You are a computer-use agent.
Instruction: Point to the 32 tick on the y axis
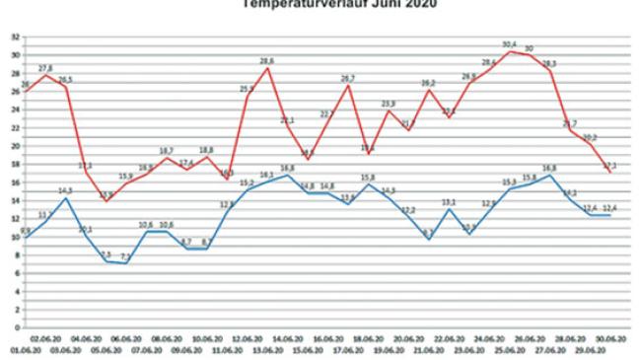(x=14, y=36)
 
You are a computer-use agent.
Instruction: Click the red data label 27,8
(x=45, y=68)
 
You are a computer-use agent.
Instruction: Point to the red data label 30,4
(x=509, y=44)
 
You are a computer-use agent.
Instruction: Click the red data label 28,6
(x=266, y=61)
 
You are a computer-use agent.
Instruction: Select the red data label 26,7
(x=348, y=78)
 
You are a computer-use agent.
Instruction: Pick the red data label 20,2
(x=590, y=137)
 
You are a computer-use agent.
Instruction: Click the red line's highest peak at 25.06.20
(x=509, y=51)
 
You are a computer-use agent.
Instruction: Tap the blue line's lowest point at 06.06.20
(x=126, y=263)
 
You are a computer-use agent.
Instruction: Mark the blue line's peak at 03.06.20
(x=65, y=198)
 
